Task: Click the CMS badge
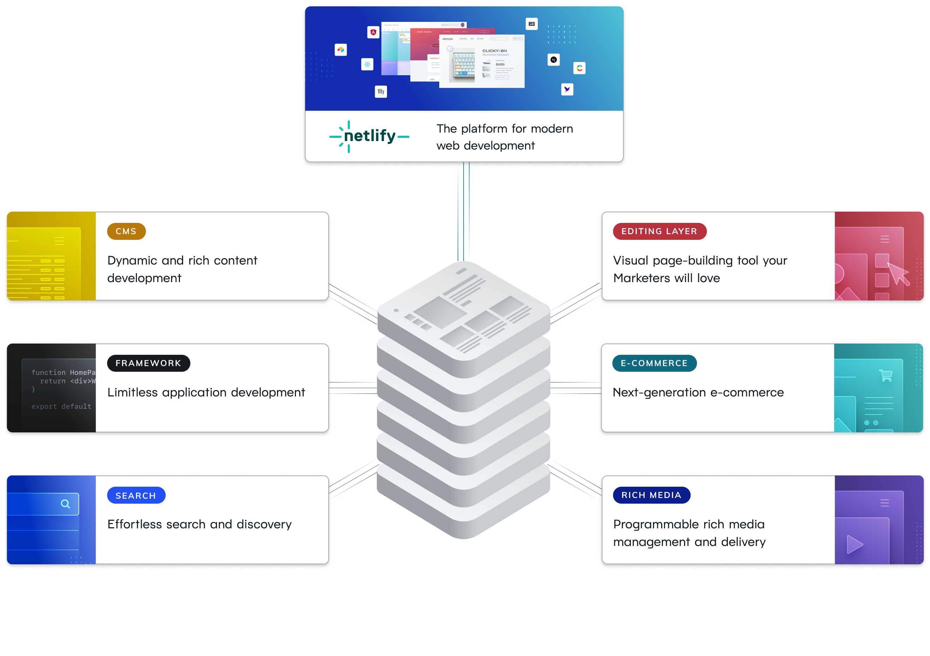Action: coord(126,231)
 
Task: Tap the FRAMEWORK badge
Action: coord(148,363)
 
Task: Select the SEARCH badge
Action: coord(136,495)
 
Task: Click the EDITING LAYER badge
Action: coord(659,231)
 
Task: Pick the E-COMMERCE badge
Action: coord(654,363)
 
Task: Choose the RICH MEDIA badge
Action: coord(651,495)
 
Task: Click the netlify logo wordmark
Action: coord(369,136)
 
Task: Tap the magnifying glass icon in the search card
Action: coord(65,504)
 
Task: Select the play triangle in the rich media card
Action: coord(854,544)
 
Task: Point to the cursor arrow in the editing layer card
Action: coord(898,273)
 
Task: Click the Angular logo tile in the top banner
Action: coord(373,32)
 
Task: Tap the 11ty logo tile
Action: coord(381,91)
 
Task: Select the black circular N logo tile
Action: coord(553,60)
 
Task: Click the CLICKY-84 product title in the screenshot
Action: coord(494,51)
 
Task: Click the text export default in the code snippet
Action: coord(61,406)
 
